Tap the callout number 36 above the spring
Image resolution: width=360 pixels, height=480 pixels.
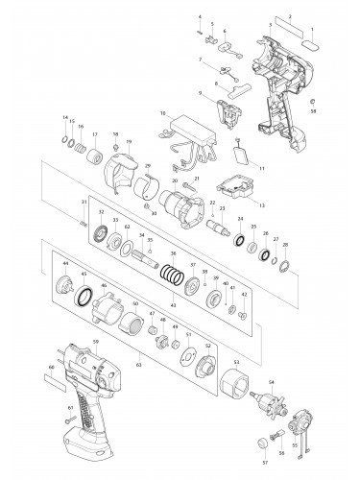pyautogui.click(x=173, y=254)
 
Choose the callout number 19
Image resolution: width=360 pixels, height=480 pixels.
pyautogui.click(x=129, y=143)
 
